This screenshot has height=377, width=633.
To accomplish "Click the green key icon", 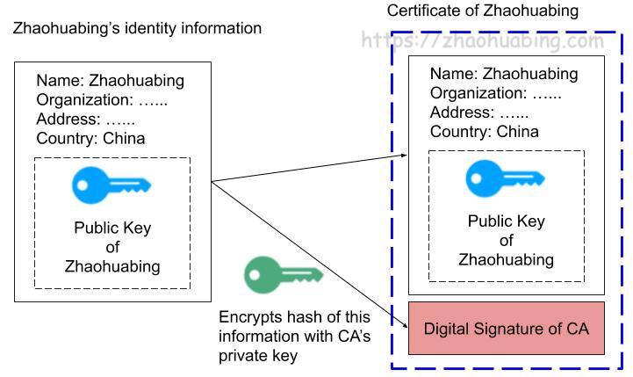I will [x=283, y=275].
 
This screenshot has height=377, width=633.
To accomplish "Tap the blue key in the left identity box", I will [x=111, y=185].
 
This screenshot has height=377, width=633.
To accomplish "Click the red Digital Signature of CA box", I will [x=507, y=329].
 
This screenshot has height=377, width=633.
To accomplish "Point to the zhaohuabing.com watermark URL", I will [x=483, y=40].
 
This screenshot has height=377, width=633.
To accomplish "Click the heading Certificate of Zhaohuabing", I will [x=483, y=11].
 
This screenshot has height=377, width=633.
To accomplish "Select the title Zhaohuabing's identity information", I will [x=137, y=28].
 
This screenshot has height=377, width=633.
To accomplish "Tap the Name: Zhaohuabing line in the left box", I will [x=111, y=81].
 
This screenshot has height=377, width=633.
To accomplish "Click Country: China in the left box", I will [x=90, y=138].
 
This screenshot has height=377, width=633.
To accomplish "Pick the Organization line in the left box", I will [x=102, y=100].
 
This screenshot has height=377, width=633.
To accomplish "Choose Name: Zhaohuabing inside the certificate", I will [x=504, y=74].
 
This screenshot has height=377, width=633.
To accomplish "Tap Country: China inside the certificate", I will [x=484, y=132].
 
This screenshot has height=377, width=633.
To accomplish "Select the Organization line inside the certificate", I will [x=496, y=93].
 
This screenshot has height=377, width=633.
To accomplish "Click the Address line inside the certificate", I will [x=479, y=112].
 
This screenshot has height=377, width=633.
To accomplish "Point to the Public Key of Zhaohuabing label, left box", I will [x=112, y=247].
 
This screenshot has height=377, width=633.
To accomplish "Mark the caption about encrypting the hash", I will [x=294, y=336].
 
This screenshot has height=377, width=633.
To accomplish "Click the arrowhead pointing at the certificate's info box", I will [x=405, y=155].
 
